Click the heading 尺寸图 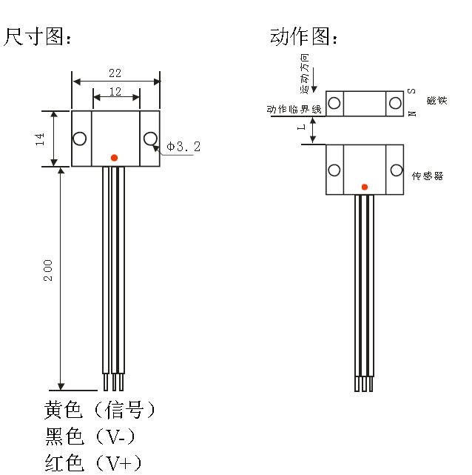38,37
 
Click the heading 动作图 304,37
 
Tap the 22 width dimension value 115,73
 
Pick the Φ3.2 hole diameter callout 183,147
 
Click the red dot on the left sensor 113,157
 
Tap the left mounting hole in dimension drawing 79,139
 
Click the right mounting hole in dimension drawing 150,138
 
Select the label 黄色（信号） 100,410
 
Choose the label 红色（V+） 92,462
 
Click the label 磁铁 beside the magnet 437,100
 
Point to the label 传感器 427,176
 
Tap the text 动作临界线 294,109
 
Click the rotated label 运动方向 304,72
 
